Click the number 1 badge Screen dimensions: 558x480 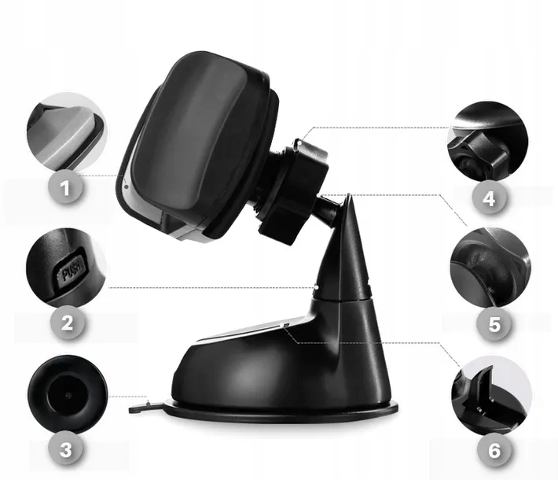65,188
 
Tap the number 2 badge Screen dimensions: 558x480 67,323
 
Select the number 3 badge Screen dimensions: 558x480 66,450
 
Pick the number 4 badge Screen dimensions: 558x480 489,198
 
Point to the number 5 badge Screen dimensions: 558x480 494,325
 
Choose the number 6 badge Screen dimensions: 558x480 494,451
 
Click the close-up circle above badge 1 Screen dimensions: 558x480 67,132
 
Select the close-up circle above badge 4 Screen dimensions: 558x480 488,141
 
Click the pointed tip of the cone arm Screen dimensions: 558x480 349,195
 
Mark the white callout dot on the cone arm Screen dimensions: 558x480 317,286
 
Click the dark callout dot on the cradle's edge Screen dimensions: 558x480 127,186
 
